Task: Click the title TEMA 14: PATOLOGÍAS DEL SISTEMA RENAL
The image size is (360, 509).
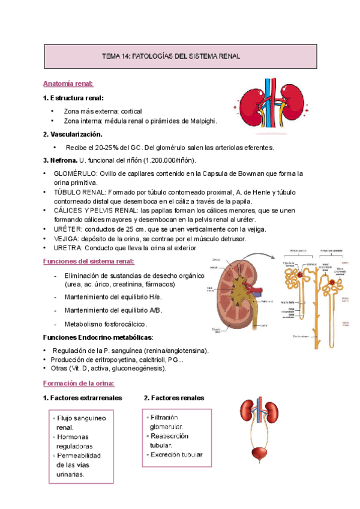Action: click(x=172, y=56)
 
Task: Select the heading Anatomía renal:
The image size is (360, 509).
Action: click(x=68, y=84)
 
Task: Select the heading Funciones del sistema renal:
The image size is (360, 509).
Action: click(x=89, y=261)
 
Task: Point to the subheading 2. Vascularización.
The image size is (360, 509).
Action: click(x=73, y=134)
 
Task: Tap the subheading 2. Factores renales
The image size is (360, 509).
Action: click(x=174, y=398)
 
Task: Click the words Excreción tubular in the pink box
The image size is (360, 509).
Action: click(x=177, y=455)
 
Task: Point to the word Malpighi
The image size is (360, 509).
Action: click(x=199, y=121)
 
